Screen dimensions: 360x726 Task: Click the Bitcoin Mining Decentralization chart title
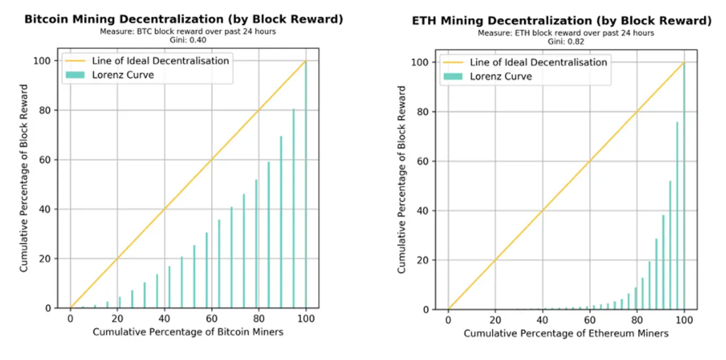[183, 19]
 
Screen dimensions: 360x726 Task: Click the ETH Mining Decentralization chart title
[562, 21]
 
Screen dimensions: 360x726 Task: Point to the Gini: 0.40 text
[183, 39]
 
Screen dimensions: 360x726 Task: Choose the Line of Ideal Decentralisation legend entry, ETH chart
[538, 62]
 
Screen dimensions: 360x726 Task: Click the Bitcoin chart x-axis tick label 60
[212, 319]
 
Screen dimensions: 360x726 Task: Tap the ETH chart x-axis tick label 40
[542, 320]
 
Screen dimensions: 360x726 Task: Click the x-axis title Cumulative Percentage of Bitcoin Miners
[188, 331]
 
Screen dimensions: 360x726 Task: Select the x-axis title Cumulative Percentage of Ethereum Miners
[565, 333]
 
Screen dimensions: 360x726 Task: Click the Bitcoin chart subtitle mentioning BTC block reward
[183, 31]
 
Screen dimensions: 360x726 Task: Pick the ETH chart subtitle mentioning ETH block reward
[565, 33]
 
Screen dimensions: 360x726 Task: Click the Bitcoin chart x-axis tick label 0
[70, 319]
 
